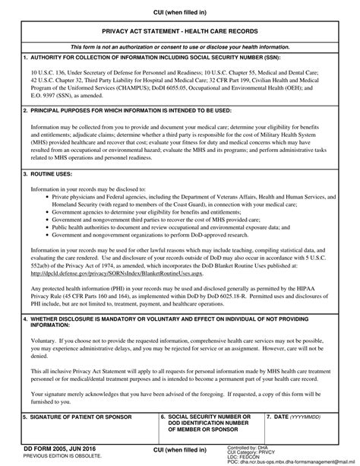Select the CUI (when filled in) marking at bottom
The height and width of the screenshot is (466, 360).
click(x=180, y=451)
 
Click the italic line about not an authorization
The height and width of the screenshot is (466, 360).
click(x=179, y=46)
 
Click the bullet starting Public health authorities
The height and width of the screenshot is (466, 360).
click(x=166, y=227)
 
